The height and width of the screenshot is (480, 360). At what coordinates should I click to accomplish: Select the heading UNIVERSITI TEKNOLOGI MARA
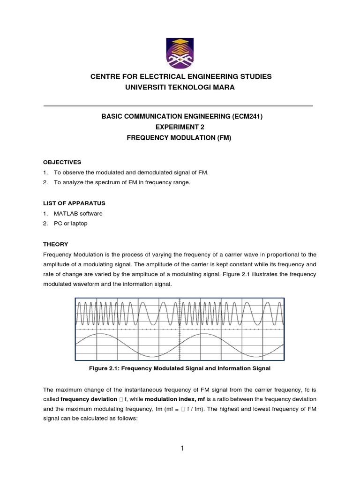pyautogui.click(x=180, y=88)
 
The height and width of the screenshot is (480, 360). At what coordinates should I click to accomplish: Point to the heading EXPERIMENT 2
pyautogui.click(x=180, y=127)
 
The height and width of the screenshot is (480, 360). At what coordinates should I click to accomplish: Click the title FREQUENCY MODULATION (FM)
pyautogui.click(x=180, y=138)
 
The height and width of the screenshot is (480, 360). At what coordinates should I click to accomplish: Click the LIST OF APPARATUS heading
pyautogui.click(x=74, y=203)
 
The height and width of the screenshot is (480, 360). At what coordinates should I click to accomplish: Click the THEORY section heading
pyautogui.click(x=55, y=244)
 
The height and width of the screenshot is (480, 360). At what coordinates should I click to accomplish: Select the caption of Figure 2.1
pyautogui.click(x=180, y=369)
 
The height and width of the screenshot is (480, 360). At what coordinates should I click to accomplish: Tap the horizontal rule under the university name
pyautogui.click(x=178, y=106)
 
